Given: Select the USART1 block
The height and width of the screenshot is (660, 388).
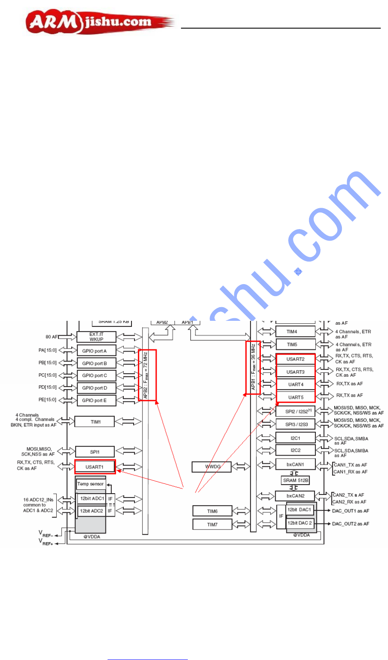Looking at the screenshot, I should (x=95, y=467).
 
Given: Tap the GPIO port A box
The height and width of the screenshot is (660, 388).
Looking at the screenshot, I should (x=96, y=351).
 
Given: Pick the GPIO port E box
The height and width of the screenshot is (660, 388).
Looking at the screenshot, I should (x=96, y=400).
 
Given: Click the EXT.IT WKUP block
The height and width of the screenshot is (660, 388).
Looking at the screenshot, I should (x=96, y=337).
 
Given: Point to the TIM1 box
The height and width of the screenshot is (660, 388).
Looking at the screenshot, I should (x=95, y=422).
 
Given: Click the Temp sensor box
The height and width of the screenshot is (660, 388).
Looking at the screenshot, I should (x=90, y=484).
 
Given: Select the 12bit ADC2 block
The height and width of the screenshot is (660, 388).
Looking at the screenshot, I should (x=92, y=511).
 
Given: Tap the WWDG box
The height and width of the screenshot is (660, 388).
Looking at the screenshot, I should (x=213, y=467).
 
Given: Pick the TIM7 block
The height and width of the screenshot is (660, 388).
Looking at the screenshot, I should (x=213, y=524).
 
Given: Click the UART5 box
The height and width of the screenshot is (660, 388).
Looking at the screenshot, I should (x=295, y=397).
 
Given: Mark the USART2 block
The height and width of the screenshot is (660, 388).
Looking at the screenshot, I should (x=295, y=359).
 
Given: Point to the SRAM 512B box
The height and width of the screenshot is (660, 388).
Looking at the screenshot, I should (x=296, y=480).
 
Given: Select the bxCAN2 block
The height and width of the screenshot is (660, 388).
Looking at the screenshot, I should (x=295, y=496).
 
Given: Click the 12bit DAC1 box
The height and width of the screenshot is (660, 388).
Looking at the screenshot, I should (x=300, y=509).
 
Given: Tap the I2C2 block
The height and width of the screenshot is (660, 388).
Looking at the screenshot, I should (x=295, y=450).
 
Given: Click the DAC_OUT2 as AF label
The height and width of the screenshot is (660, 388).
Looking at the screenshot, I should (x=350, y=523).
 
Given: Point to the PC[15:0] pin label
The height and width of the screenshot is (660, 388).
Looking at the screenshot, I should (x=47, y=375).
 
